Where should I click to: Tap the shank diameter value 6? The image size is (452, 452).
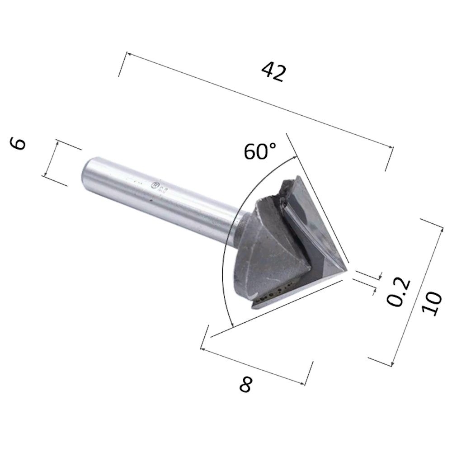pyautogui.click(x=19, y=144)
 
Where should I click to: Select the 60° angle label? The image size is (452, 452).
pyautogui.click(x=259, y=151)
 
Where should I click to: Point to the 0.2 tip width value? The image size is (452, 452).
pyautogui.click(x=400, y=292)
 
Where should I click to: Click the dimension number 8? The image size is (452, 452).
pyautogui.click(x=245, y=385)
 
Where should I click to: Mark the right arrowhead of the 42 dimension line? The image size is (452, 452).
pyautogui.click(x=391, y=146)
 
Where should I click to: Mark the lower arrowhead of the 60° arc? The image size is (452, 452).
pyautogui.click(x=232, y=325)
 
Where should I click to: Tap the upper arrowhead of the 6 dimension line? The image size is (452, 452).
pyautogui.click(x=58, y=142)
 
